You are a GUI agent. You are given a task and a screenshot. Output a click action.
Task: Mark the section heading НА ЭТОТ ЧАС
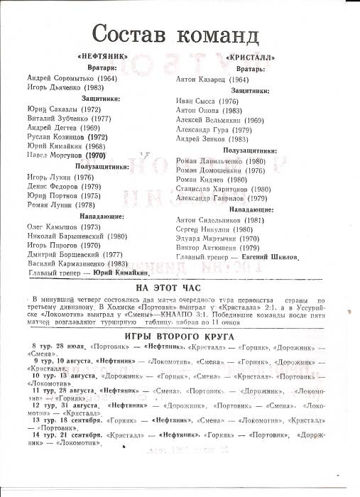[180, 287]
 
